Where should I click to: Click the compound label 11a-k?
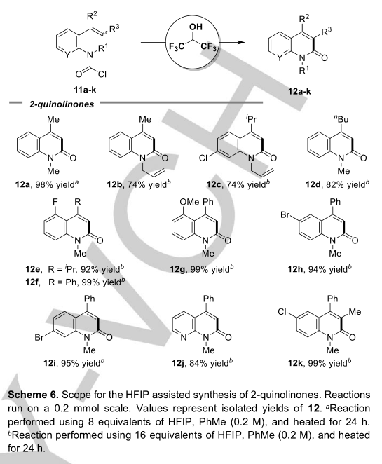coord(86,90)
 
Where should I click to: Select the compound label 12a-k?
coord(299,91)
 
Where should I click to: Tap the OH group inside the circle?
coord(196,27)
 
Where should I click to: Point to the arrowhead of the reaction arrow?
coord(241,42)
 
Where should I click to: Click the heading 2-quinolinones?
coord(62,104)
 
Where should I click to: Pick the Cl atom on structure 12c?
coord(203,158)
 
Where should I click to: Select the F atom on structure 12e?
coord(55,202)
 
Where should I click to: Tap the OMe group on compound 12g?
coord(189,202)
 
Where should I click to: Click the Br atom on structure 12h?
coord(285,214)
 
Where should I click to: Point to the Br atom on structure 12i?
coord(39,337)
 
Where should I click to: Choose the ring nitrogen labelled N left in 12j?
coord(183,337)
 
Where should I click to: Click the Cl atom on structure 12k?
coord(283,312)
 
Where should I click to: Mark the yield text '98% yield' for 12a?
coord(57,184)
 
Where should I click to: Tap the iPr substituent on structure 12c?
coord(251,118)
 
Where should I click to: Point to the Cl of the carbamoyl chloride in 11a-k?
coord(102,74)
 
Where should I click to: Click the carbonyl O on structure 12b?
coord(165,158)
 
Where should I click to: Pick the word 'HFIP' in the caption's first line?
coord(138,395)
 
